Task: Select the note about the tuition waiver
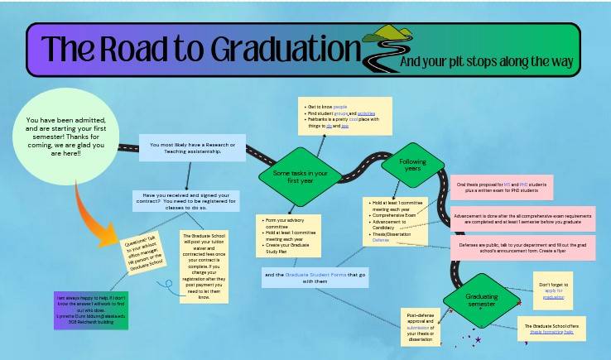tap(204, 266)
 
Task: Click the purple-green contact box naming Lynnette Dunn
tap(91, 310)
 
